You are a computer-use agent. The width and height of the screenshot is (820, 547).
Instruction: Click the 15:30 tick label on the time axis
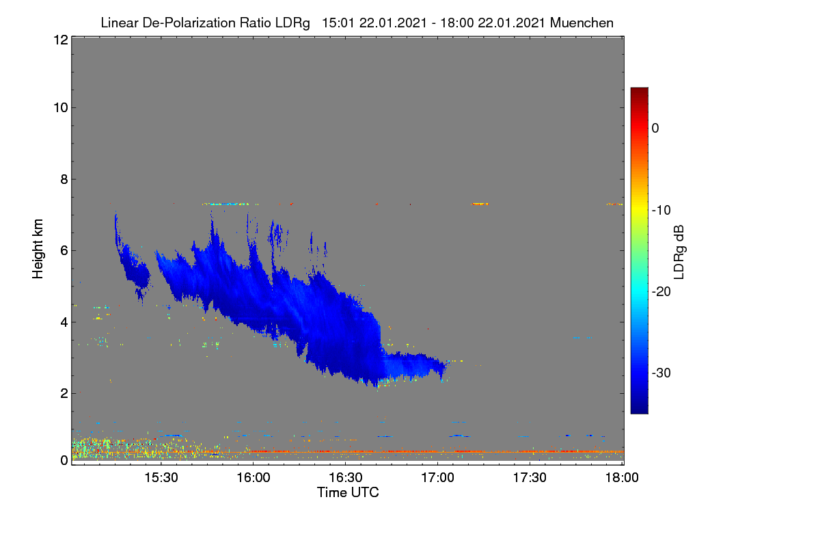[161, 477]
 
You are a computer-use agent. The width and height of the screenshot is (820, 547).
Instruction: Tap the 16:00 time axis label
[254, 477]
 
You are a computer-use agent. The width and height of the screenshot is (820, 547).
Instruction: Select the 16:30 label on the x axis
[346, 477]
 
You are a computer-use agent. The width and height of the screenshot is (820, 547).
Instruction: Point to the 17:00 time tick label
[437, 477]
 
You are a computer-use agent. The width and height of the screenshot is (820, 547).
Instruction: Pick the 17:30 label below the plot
[530, 477]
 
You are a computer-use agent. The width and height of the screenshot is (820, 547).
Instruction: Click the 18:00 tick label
[622, 477]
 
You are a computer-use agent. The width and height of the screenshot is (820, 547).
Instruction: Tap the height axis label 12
[61, 40]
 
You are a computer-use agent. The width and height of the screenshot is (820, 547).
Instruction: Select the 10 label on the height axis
[61, 108]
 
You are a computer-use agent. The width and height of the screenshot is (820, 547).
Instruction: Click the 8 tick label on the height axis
[64, 179]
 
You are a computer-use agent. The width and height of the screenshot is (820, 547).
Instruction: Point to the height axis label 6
[64, 251]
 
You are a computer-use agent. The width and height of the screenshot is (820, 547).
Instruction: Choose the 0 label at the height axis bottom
[64, 460]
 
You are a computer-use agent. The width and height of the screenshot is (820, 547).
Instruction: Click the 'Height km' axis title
[38, 249]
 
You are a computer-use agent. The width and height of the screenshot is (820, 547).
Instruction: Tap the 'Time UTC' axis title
[348, 492]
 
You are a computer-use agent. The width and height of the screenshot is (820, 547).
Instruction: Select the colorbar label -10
[661, 211]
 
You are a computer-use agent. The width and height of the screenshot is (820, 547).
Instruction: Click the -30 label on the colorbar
[661, 373]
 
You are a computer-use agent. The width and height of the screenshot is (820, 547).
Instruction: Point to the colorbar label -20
[661, 292]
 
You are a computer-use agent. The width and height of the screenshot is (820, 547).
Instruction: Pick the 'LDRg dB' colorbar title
[679, 252]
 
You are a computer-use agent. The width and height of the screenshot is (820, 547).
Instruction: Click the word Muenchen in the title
[582, 23]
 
